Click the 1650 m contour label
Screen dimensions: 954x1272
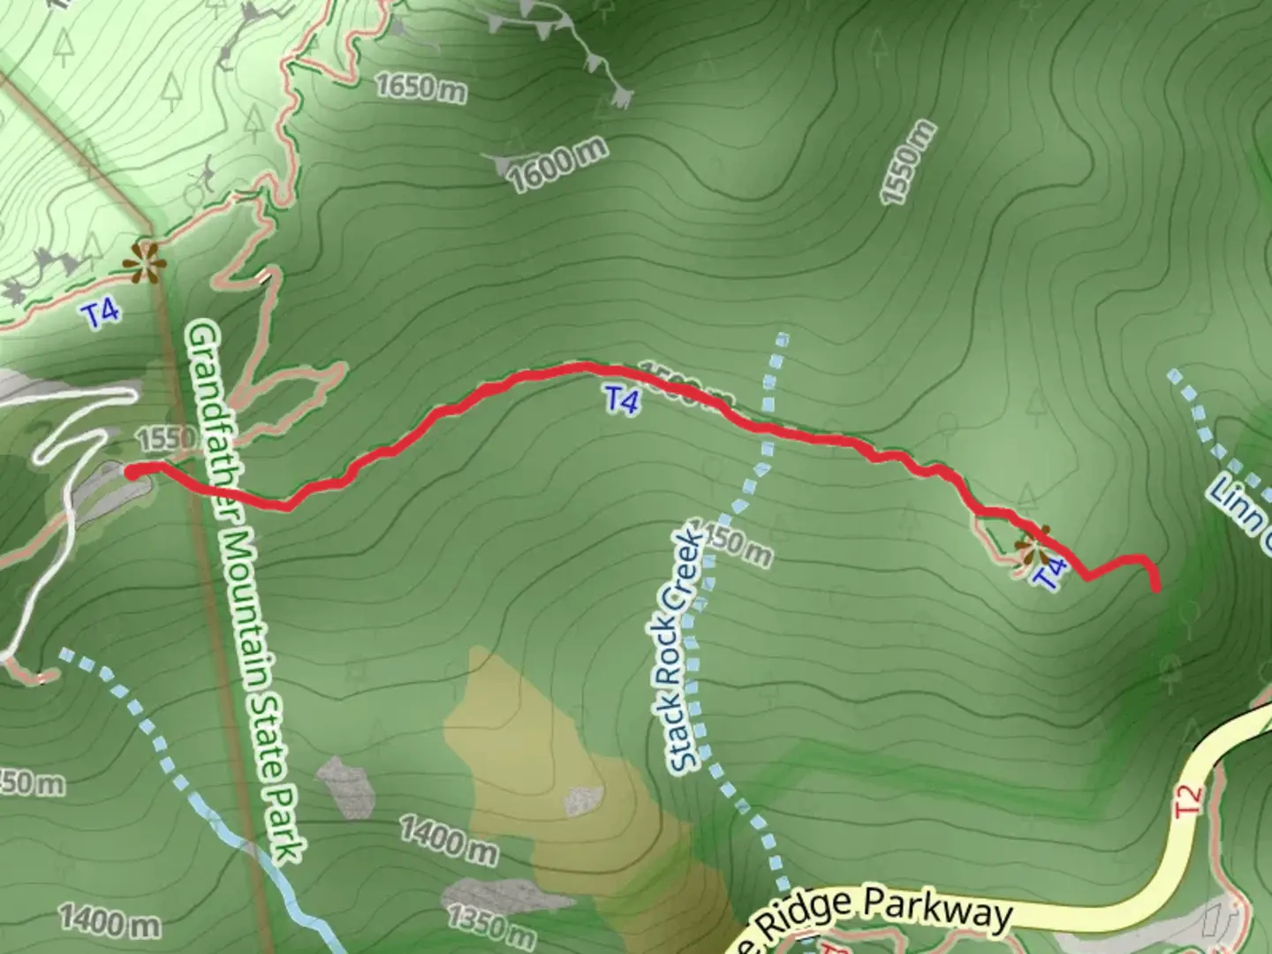[x=420, y=87]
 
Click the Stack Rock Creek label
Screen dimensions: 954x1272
[x=686, y=651]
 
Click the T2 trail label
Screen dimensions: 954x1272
[x=1192, y=799]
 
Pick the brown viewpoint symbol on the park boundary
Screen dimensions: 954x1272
[x=144, y=262]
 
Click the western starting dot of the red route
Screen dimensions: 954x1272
[x=132, y=473]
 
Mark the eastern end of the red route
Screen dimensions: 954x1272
[x=1155, y=587]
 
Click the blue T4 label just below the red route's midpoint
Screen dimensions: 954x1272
[x=622, y=401]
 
